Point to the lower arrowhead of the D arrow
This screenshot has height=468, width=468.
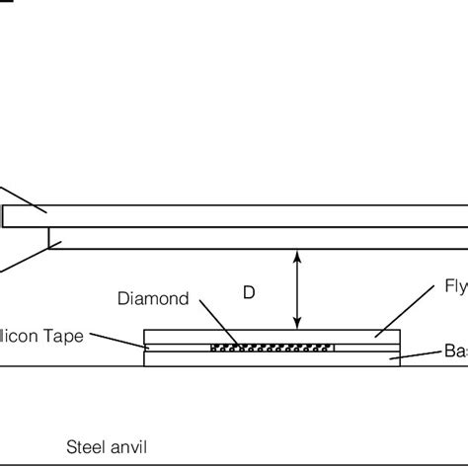(297, 324)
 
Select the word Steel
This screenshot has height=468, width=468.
(83, 446)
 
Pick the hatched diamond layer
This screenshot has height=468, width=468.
(272, 348)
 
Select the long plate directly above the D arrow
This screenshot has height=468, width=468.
(257, 238)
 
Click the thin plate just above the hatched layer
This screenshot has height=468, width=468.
(272, 336)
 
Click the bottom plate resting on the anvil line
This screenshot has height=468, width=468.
(272, 359)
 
